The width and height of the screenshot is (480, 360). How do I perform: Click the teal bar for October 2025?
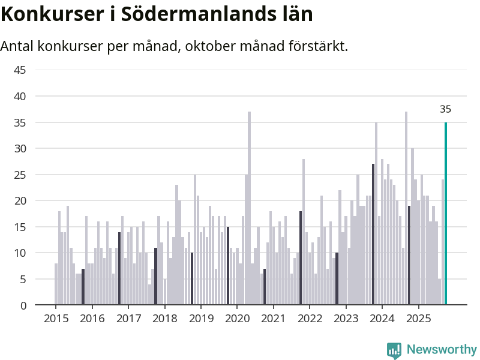446,214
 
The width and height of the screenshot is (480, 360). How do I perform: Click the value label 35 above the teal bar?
445,109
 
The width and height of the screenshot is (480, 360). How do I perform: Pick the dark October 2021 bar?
301,258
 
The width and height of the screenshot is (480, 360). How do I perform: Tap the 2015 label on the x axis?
56,319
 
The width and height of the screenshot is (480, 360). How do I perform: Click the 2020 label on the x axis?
237,319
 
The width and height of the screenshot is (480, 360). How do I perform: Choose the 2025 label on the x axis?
418,319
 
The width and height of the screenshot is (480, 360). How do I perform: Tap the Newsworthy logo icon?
394,350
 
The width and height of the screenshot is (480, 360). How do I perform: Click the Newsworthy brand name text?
442,350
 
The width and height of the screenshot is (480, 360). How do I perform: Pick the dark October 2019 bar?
228,266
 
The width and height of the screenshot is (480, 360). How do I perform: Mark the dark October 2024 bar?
409,256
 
